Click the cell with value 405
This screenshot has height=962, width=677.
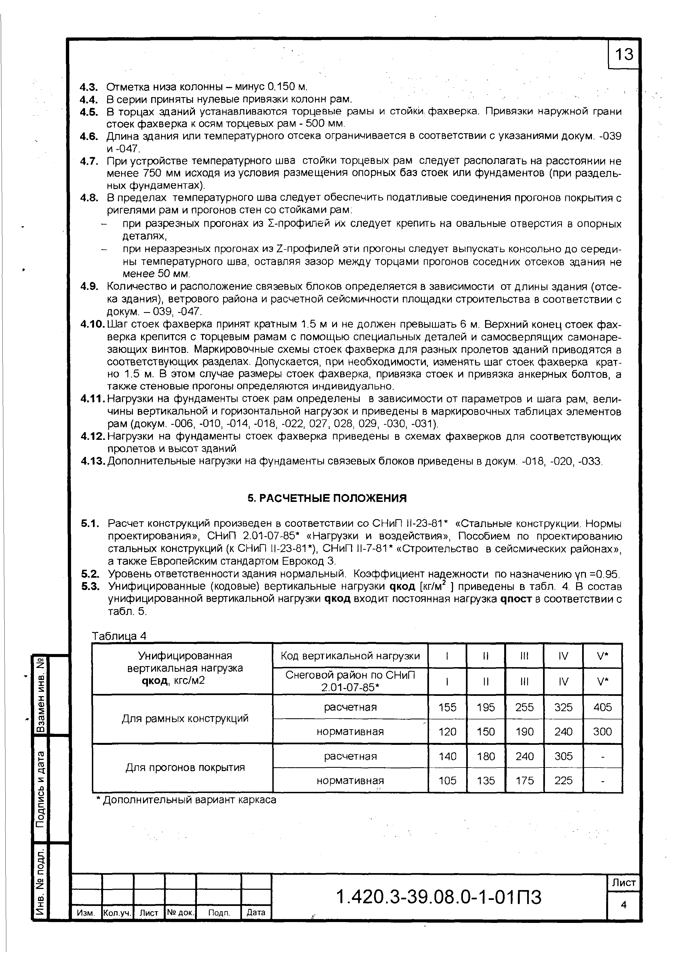(x=602, y=707)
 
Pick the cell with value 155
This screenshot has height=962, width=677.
(x=447, y=707)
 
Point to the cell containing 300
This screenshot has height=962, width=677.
(x=602, y=732)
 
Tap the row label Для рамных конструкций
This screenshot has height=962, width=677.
(x=185, y=719)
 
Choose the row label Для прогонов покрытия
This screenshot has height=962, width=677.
(x=185, y=768)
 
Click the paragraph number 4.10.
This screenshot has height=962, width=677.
(x=94, y=325)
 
